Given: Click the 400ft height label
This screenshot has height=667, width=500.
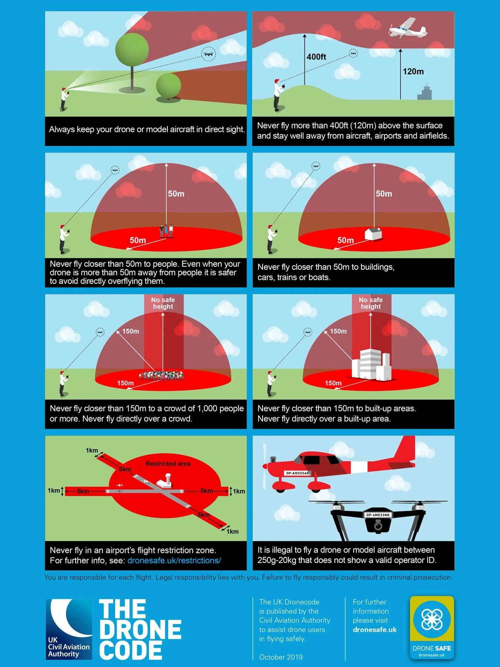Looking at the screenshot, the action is [316, 57].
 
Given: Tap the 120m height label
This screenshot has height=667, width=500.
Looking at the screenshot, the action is [413, 72].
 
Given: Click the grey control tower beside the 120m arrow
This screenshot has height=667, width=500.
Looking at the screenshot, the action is [424, 92].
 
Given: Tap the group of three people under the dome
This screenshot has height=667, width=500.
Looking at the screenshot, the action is [166, 230].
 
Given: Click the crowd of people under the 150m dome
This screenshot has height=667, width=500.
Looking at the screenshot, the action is [161, 375].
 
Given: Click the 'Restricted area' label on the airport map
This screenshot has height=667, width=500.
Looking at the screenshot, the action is [168, 464].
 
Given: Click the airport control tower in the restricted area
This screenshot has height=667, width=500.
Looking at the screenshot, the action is [164, 481].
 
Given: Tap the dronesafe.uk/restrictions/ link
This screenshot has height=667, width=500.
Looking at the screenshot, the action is [174, 560].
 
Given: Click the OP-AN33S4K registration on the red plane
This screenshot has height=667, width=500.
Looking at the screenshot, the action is [297, 473].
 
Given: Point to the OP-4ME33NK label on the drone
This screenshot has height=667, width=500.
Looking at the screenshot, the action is [378, 515].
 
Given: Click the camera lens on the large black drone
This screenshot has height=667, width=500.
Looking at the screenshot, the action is [377, 526].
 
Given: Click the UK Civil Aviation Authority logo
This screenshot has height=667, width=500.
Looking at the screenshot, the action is [69, 629].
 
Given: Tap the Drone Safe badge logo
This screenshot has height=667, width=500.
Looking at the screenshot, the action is [432, 628].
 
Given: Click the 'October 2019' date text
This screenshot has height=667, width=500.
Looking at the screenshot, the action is [281, 657].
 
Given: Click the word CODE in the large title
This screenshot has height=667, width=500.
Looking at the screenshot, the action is [131, 650].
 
